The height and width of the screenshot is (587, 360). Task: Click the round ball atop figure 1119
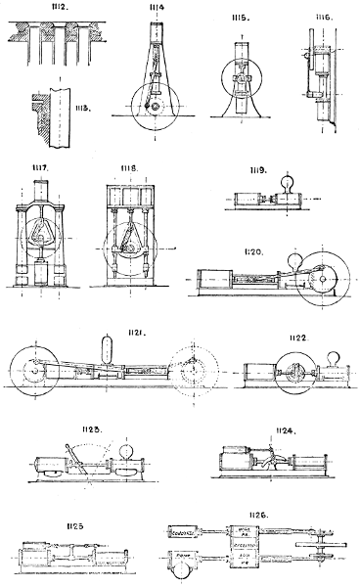[x=290, y=182]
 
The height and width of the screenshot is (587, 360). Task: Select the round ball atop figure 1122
[x=334, y=360]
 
